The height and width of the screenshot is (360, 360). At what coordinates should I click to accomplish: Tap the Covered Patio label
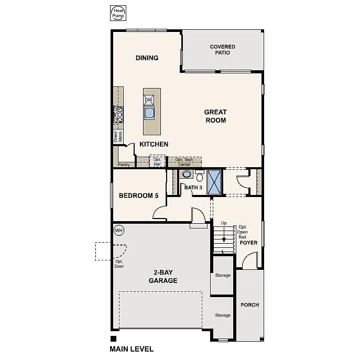click(x=223, y=50)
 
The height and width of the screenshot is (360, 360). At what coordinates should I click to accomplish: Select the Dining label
click(x=147, y=58)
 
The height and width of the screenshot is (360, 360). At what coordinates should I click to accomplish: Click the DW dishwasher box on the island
click(x=149, y=100)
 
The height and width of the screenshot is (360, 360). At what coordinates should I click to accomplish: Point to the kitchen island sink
click(x=149, y=113)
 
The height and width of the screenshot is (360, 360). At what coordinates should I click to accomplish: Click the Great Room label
click(x=215, y=116)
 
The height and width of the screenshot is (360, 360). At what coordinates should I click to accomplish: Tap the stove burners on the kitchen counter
click(x=118, y=115)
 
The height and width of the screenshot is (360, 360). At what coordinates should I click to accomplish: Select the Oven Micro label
click(x=117, y=137)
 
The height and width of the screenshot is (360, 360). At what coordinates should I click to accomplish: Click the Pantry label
click(x=124, y=165)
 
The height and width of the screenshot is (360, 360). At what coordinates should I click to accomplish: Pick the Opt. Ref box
click(x=157, y=161)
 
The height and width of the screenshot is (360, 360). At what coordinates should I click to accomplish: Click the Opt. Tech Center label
click(x=184, y=162)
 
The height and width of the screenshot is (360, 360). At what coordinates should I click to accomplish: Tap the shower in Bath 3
click(x=214, y=181)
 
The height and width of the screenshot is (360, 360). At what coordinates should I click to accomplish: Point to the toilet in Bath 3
click(x=199, y=176)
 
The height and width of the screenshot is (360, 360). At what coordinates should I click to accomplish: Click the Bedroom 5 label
click(x=138, y=196)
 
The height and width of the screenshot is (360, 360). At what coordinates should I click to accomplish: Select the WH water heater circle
click(x=118, y=230)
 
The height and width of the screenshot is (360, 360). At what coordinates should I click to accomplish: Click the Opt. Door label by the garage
click(x=119, y=264)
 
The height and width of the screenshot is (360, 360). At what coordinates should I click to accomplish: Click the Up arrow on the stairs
click(x=223, y=231)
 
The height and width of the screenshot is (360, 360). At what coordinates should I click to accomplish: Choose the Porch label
click(x=249, y=305)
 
